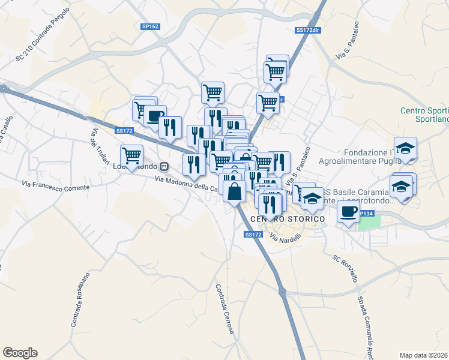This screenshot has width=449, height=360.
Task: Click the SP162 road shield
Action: click(x=150, y=26)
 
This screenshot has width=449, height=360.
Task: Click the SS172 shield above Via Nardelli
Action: click(x=253, y=235)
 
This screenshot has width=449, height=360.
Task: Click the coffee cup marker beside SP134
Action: click(x=348, y=211)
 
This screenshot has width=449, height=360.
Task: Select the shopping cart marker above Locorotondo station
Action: click(x=131, y=155)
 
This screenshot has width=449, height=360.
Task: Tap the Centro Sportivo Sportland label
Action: click(x=424, y=115)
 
